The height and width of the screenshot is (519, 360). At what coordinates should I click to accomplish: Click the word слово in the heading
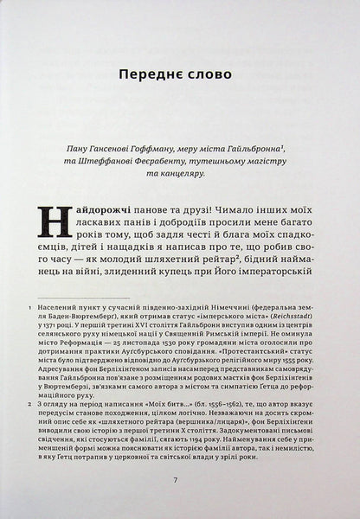click(209, 74)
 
